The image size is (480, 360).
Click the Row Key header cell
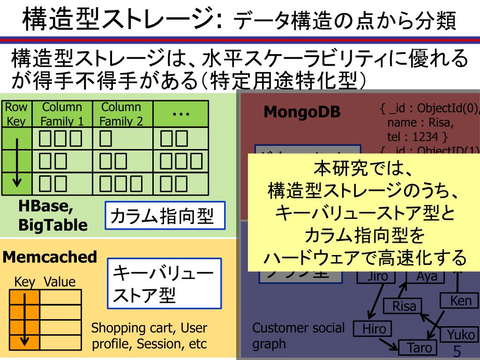pyautogui.click(x=16, y=114)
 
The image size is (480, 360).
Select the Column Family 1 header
pyautogui.click(x=62, y=114)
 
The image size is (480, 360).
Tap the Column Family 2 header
pyautogui.click(x=121, y=114)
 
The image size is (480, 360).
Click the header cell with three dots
pyautogui.click(x=180, y=114)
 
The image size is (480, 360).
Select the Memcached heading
pyautogui.click(x=50, y=257)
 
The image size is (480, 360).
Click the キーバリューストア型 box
pyautogui.click(x=165, y=283)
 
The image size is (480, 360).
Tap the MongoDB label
pyautogui.click(x=302, y=112)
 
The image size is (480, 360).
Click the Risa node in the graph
pyautogui.click(x=404, y=307)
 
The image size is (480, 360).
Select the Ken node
pyautogui.click(x=460, y=300)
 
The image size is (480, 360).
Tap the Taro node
pyautogui.click(x=417, y=348)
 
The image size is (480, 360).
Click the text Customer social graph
pyautogui.click(x=298, y=336)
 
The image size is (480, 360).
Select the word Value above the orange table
pyautogui.click(x=60, y=282)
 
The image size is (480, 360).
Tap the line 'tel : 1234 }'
pyautogui.click(x=417, y=136)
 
